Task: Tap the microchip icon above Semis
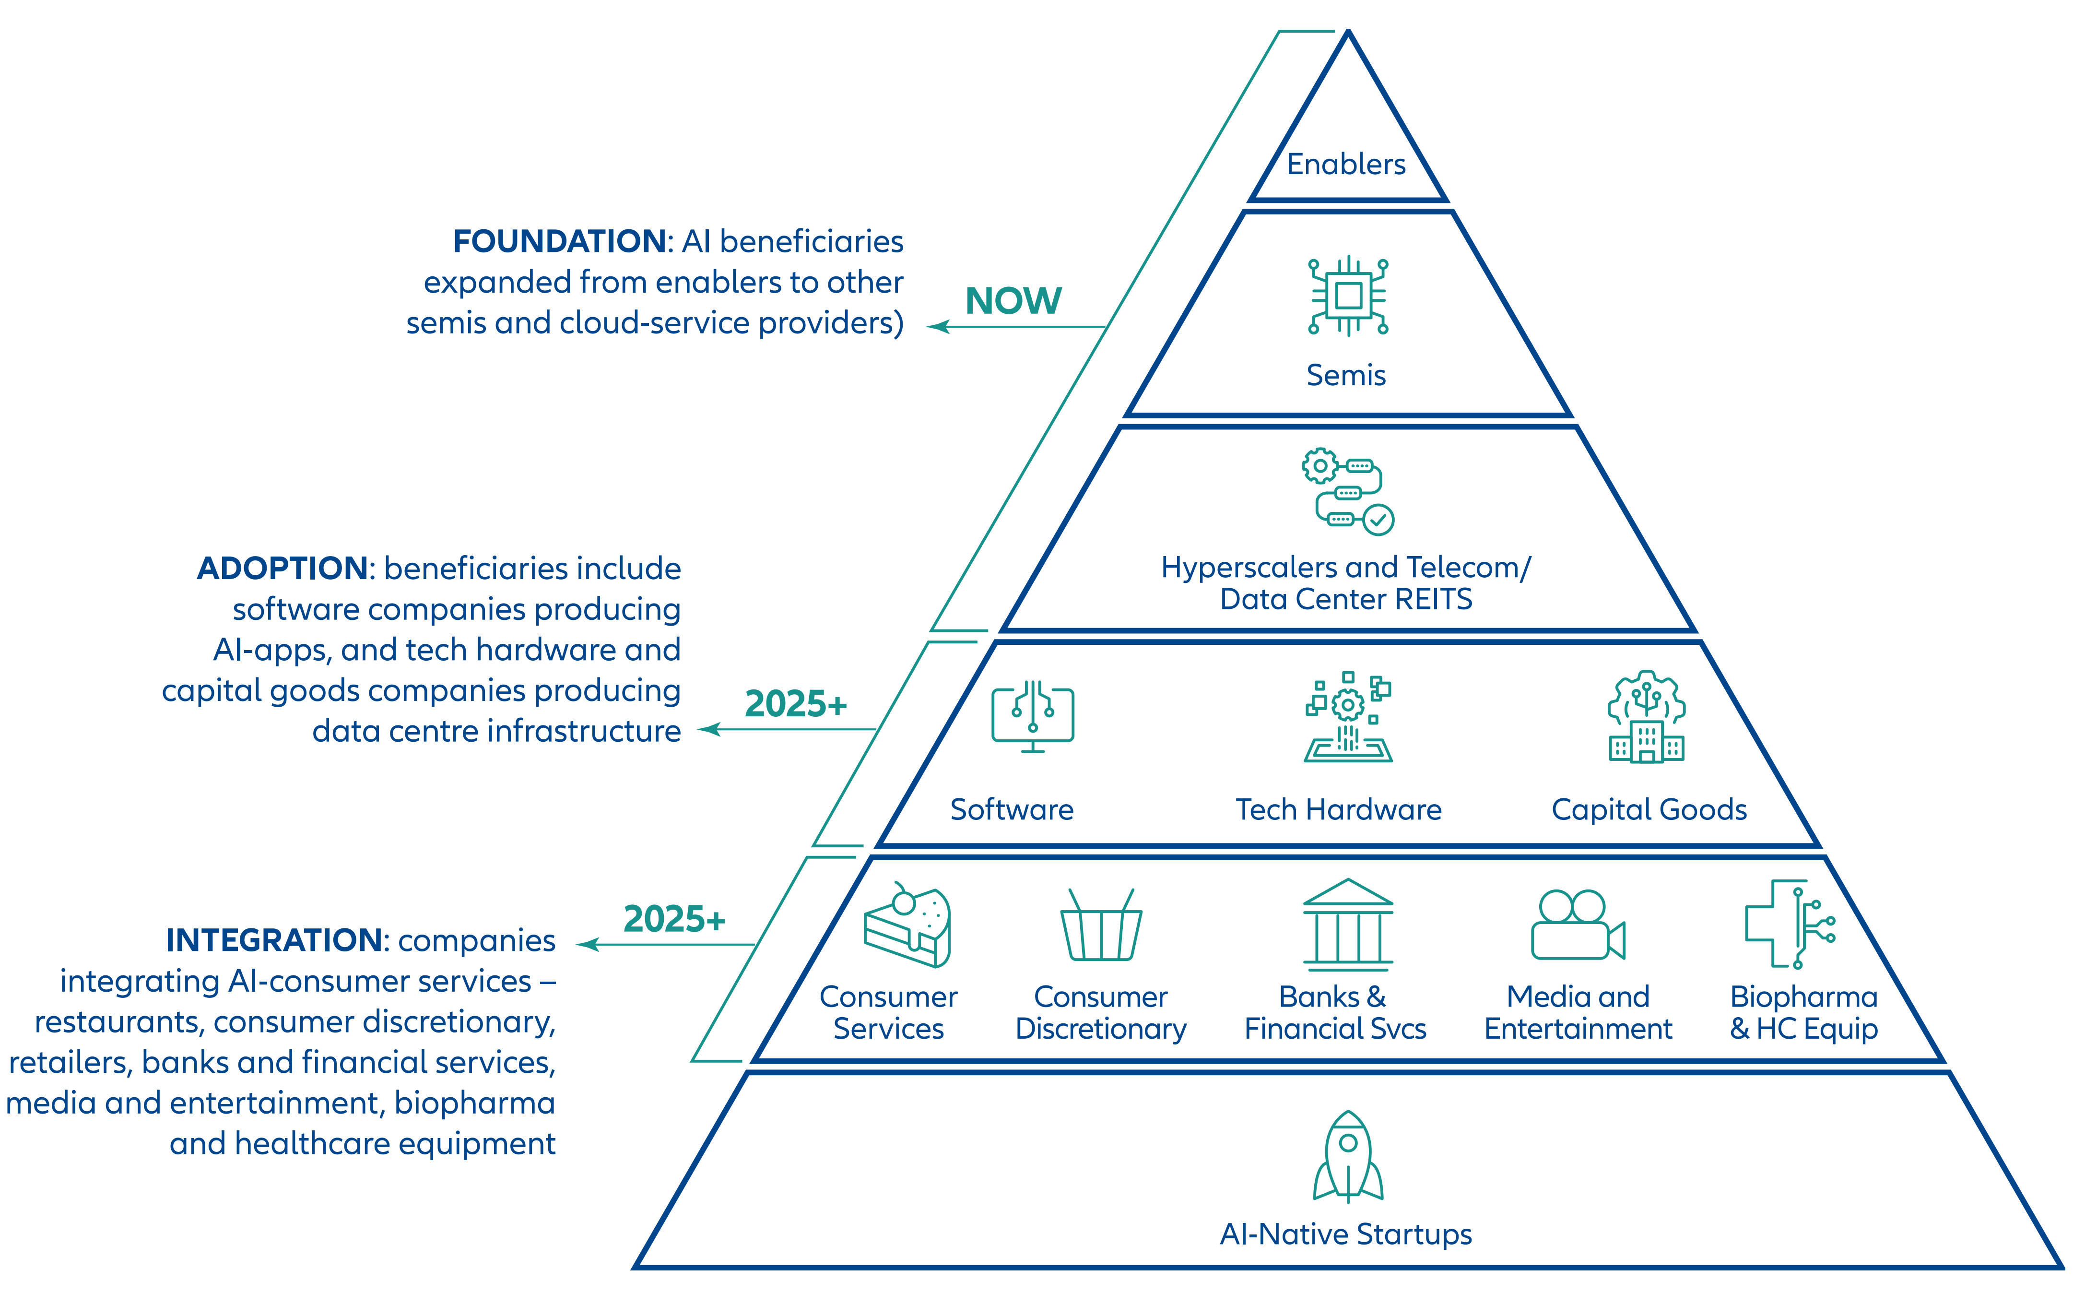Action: tap(1348, 296)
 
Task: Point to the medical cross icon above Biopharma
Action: tap(1789, 924)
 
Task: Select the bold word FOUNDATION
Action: tap(560, 241)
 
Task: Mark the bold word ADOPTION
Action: tap(283, 569)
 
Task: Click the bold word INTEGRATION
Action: tap(273, 941)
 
